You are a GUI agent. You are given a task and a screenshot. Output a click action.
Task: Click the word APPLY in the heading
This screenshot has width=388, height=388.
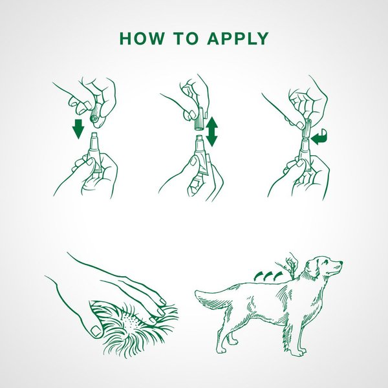pyautogui.click(x=237, y=38)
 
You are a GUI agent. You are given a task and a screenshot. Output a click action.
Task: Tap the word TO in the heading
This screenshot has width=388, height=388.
pyautogui.click(x=188, y=38)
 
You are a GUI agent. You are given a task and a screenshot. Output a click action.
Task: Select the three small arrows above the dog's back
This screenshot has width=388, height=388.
pyautogui.click(x=268, y=275)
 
